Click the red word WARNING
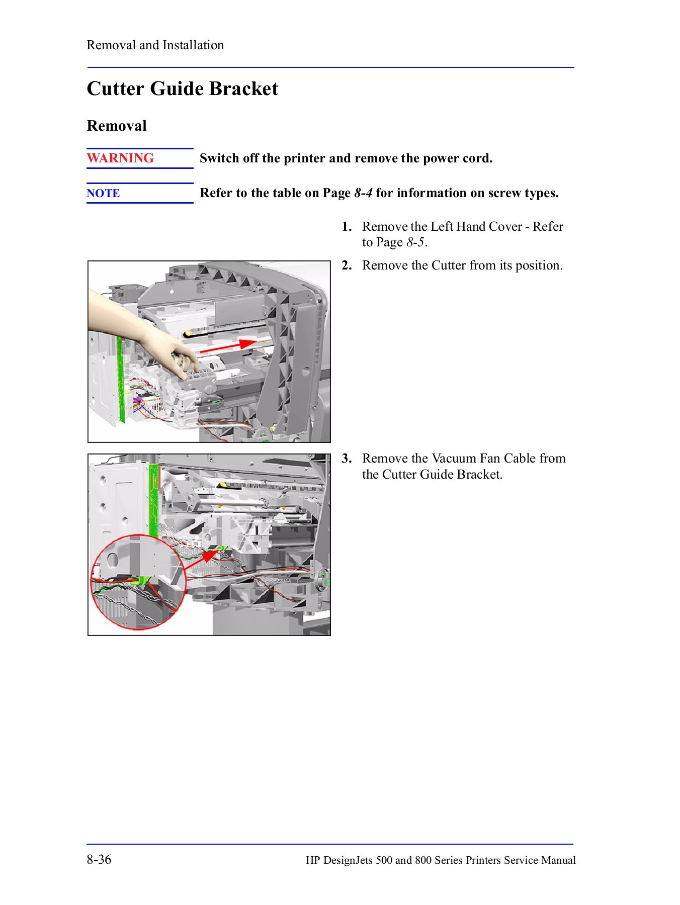click(x=120, y=158)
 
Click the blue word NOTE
click(x=103, y=194)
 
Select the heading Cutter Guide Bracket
click(x=182, y=89)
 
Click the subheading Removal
click(x=117, y=126)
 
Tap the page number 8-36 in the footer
click(x=99, y=859)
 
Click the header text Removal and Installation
click(x=155, y=45)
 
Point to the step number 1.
click(x=346, y=227)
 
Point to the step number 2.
click(x=346, y=265)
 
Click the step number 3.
click(x=346, y=459)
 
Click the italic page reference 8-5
click(x=416, y=243)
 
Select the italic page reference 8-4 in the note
click(x=363, y=194)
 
